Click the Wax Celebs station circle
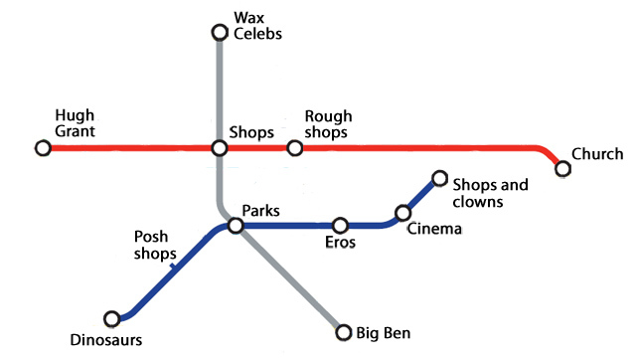click(x=221, y=33)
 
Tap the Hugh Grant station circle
click(x=43, y=148)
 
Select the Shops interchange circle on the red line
click(x=221, y=148)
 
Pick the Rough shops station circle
click(x=294, y=148)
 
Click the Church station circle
click(x=563, y=168)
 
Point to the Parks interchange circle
click(x=236, y=226)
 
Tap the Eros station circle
click(x=340, y=226)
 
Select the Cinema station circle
click(x=403, y=213)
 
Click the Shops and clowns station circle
click(x=439, y=179)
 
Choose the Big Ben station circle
click(x=344, y=332)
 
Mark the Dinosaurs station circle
click(x=112, y=319)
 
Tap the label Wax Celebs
click(x=257, y=26)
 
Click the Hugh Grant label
click(x=75, y=122)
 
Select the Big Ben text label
click(x=384, y=333)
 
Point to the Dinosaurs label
click(x=106, y=340)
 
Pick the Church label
click(x=597, y=154)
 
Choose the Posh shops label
click(x=151, y=245)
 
